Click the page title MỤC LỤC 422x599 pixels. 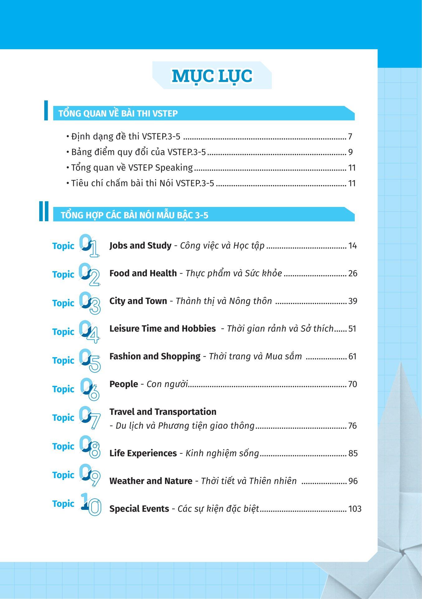(x=212, y=76)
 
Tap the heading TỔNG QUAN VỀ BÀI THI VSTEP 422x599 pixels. (x=118, y=113)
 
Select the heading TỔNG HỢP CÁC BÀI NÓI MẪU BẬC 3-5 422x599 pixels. (x=134, y=215)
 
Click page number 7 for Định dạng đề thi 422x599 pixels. (x=350, y=137)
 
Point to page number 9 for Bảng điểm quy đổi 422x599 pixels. (x=350, y=152)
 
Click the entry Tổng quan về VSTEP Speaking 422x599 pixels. (x=132, y=168)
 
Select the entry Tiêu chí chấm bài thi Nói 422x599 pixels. (x=143, y=183)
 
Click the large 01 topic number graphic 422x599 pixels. (x=89, y=246)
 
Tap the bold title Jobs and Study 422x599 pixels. (x=140, y=246)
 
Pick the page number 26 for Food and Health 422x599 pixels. (x=353, y=273)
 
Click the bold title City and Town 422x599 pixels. (x=138, y=301)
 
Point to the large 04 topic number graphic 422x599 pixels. (x=89, y=332)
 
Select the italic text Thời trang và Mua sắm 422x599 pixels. (x=255, y=356)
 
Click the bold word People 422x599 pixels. (x=124, y=384)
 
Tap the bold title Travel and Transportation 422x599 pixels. (x=163, y=412)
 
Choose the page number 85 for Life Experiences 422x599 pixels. (x=353, y=453)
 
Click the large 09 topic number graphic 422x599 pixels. (x=89, y=475)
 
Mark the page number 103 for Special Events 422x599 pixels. (x=355, y=509)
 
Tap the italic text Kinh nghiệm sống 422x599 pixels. (x=222, y=453)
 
